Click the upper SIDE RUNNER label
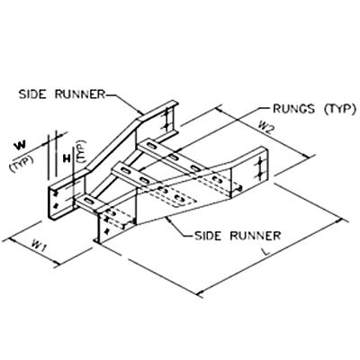coord(62,94)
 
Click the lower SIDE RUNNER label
coord(238,236)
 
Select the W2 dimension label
coord(265,128)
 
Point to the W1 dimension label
coord(38,246)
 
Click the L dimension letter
coord(265,251)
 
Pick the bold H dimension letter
coord(67,158)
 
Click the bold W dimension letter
coord(20,146)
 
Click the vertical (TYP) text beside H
coord(82,151)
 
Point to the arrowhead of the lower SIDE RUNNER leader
coord(168,220)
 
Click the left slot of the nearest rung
coord(89,200)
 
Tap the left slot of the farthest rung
coord(150,146)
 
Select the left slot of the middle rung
coord(124,170)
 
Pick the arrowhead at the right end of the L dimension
coord(339,221)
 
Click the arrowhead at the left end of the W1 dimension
coord(12,239)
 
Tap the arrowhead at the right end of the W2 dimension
coord(306,157)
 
